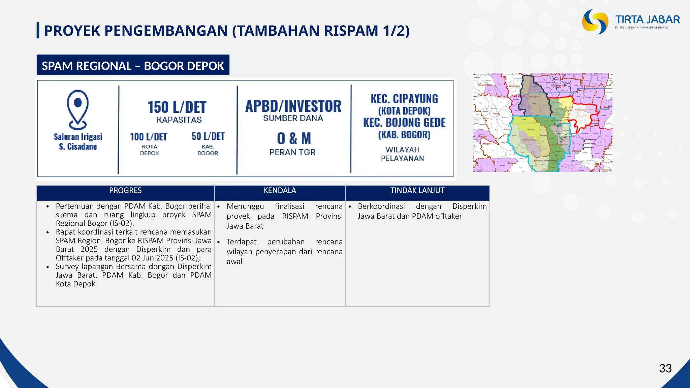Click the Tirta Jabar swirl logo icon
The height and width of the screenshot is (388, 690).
pyautogui.click(x=595, y=22)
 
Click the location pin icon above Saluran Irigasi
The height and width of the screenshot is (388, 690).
pyautogui.click(x=78, y=109)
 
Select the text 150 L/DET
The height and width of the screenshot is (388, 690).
pyautogui.click(x=177, y=107)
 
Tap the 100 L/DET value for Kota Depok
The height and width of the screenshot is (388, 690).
pyautogui.click(x=149, y=137)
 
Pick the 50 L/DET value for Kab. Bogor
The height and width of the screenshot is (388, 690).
pyautogui.click(x=208, y=136)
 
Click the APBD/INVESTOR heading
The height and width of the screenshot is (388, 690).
pyautogui.click(x=293, y=106)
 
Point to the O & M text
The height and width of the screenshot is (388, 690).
pyautogui.click(x=294, y=138)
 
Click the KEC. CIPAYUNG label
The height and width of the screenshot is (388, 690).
pyautogui.click(x=404, y=99)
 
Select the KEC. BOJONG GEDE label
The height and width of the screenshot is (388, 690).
pyautogui.click(x=404, y=123)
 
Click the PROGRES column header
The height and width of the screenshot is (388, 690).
pyautogui.click(x=125, y=191)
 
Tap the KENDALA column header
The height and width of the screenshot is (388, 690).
pyautogui.click(x=280, y=191)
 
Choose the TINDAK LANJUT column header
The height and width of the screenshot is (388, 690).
pyautogui.click(x=417, y=191)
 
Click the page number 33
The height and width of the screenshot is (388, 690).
pyautogui.click(x=665, y=368)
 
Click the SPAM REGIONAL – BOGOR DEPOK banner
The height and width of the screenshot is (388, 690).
pyautogui.click(x=133, y=66)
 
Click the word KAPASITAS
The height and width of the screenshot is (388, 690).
pyautogui.click(x=179, y=120)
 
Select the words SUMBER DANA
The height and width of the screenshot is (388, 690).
pyautogui.click(x=293, y=118)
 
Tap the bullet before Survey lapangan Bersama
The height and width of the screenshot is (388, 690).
pyautogui.click(x=48, y=267)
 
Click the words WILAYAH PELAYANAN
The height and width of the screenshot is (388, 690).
pyautogui.click(x=402, y=154)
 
